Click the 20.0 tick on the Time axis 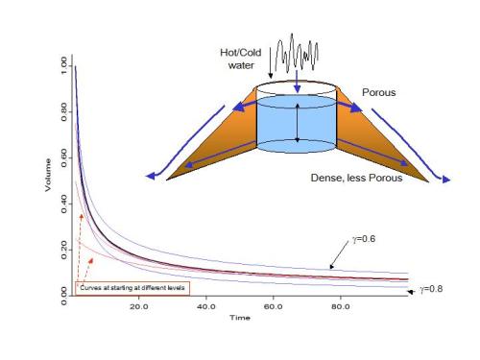point(139,306)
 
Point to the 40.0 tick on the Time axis point(206,306)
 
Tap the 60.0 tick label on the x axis point(274,306)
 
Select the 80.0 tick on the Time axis point(341,306)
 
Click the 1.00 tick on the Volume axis point(64,65)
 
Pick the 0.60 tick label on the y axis point(64,157)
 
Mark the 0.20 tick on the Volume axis point(64,250)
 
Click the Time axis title point(240,318)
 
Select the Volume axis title point(48,175)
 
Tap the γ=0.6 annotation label point(364,239)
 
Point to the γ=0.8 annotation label point(431,289)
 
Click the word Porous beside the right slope point(379,92)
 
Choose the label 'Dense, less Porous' point(356,178)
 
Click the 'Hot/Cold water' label point(241,59)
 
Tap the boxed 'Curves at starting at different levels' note point(132,288)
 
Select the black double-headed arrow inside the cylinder point(298,123)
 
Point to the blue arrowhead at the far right point(446,180)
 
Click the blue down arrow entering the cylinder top point(298,82)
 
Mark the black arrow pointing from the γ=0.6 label point(339,255)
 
